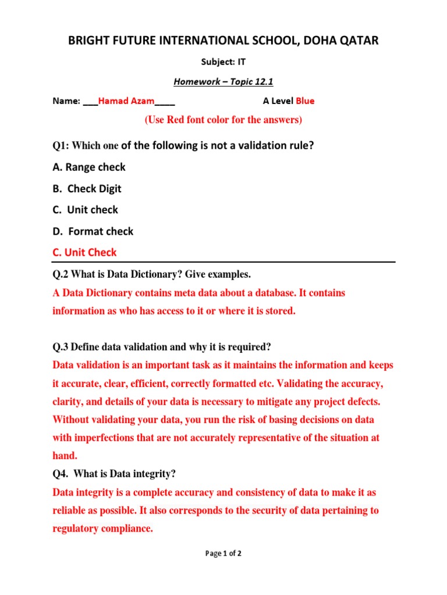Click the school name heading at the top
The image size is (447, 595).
(x=223, y=40)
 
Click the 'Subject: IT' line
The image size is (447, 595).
(x=223, y=61)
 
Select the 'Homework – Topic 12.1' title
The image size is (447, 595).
(x=223, y=81)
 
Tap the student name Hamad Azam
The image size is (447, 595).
(x=126, y=101)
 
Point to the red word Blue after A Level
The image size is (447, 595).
(x=305, y=101)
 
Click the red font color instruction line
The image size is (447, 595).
(x=223, y=120)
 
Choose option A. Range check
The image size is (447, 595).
(x=89, y=167)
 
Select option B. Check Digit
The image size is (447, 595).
(x=87, y=189)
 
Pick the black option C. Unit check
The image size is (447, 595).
(x=86, y=210)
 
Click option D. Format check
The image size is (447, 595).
(x=93, y=231)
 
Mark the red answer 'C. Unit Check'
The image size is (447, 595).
(x=84, y=252)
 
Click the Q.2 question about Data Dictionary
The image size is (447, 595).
(x=151, y=274)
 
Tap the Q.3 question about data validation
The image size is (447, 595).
(x=162, y=347)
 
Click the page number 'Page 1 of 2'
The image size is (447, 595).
(x=223, y=554)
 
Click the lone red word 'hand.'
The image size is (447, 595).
(x=65, y=456)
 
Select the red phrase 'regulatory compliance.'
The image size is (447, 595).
(x=103, y=529)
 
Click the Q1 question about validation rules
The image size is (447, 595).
(x=183, y=145)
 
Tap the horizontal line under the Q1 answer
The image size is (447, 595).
(x=223, y=262)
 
